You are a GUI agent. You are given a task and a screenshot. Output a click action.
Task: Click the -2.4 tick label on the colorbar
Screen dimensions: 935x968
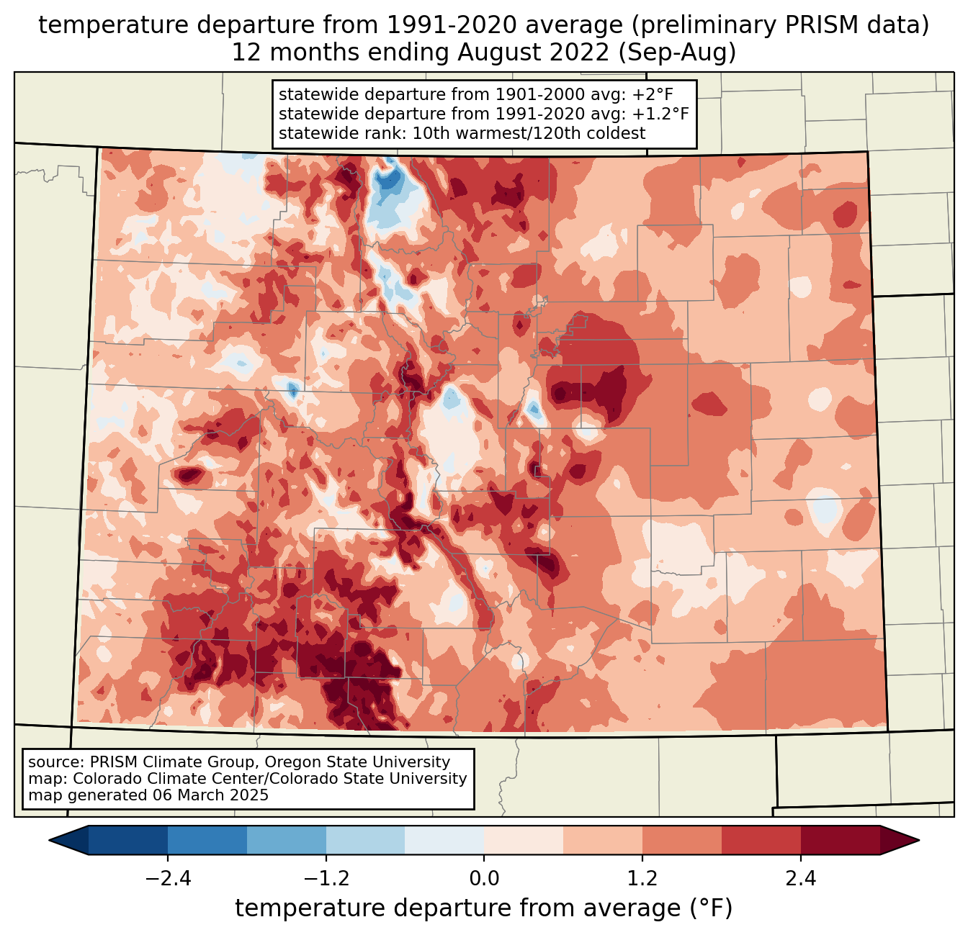[168, 879]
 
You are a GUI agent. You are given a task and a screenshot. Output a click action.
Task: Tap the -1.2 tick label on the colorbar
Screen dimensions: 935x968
[326, 879]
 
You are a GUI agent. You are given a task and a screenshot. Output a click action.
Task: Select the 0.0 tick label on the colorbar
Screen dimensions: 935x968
[484, 879]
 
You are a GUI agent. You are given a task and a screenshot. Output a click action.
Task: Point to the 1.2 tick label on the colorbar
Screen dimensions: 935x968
[642, 879]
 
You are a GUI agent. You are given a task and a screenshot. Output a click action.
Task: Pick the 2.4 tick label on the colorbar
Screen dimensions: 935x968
[800, 879]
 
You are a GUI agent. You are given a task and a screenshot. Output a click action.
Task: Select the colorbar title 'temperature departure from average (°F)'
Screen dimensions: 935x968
[484, 908]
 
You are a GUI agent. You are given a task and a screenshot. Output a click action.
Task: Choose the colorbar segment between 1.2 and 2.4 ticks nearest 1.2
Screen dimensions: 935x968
[682, 840]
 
